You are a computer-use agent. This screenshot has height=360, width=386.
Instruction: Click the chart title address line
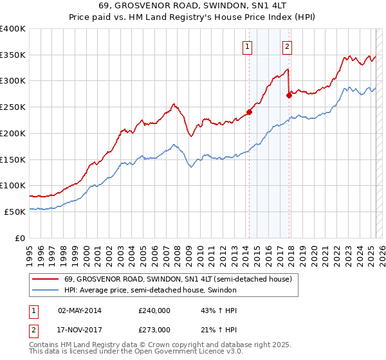pos(193,6)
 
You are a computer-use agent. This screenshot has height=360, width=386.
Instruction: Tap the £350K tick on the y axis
pos(13,55)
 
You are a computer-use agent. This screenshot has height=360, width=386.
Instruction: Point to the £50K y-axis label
pos(15,212)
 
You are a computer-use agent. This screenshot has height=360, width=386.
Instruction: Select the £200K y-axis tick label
pos(13,134)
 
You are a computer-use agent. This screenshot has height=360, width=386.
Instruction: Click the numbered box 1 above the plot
pos(248,46)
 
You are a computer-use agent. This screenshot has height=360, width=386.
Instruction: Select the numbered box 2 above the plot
pos(287,46)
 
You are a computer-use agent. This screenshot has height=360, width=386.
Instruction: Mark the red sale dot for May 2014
pos(249,112)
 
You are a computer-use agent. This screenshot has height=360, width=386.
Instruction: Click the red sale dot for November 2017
pos(289,94)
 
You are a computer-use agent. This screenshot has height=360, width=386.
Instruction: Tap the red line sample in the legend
pos(45,279)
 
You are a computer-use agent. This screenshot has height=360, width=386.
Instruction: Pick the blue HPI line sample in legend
pos(45,290)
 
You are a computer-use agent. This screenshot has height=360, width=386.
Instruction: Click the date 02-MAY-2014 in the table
pos(80,310)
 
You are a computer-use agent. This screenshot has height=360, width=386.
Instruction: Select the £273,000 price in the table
pos(154,329)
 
